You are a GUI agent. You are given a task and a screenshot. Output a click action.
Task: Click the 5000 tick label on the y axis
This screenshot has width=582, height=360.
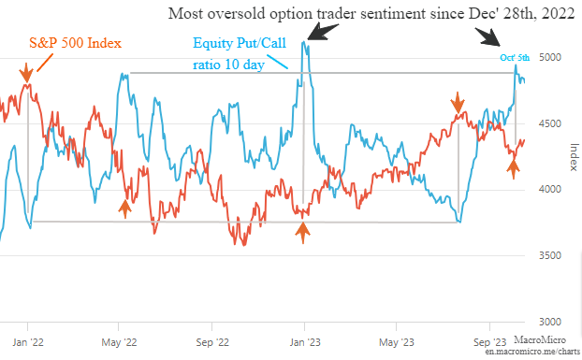click(549, 57)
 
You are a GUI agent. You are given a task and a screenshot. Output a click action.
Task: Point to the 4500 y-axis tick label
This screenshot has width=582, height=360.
click(549, 123)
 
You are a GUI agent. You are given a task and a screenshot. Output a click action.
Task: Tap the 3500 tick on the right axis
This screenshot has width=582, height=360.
click(549, 255)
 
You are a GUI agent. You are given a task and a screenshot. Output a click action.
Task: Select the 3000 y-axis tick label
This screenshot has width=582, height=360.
click(549, 322)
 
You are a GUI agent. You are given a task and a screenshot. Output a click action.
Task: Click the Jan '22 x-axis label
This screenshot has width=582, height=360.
click(28, 342)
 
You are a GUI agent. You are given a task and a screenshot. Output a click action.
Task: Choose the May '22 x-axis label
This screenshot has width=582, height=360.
click(119, 342)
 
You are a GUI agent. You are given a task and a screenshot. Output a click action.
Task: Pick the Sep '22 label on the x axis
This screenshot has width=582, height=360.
click(212, 342)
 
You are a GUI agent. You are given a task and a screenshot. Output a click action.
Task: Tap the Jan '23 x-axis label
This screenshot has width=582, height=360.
click(305, 342)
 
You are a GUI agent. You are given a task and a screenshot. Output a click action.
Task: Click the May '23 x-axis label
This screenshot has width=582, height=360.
click(397, 342)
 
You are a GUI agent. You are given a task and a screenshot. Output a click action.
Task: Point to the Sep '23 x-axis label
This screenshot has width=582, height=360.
click(490, 342)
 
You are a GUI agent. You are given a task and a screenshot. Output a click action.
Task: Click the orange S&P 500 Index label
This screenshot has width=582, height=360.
click(76, 43)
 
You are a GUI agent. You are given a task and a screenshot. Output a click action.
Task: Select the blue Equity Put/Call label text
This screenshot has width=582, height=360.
click(240, 43)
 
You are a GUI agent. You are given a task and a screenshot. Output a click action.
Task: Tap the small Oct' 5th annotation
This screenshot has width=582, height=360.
click(515, 58)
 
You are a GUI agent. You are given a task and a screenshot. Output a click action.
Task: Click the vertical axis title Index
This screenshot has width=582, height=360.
click(574, 157)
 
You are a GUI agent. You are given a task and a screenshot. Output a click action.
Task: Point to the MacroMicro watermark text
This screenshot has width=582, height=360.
click(540, 339)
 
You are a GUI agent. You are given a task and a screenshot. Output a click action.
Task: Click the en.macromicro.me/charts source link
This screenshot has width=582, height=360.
click(532, 351)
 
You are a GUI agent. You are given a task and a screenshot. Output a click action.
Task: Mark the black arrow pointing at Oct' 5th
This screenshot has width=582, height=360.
click(487, 36)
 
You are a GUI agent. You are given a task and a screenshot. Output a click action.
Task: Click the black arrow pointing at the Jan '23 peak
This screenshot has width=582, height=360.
click(323, 32)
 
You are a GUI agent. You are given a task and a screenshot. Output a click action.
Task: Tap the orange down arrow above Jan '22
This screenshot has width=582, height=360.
click(26, 72)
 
